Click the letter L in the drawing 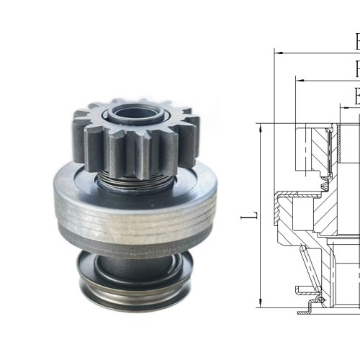click(x=245, y=215)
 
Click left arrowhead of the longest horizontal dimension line click(x=278, y=53)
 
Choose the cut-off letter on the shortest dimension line click(x=356, y=96)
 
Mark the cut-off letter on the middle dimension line click(x=356, y=68)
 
